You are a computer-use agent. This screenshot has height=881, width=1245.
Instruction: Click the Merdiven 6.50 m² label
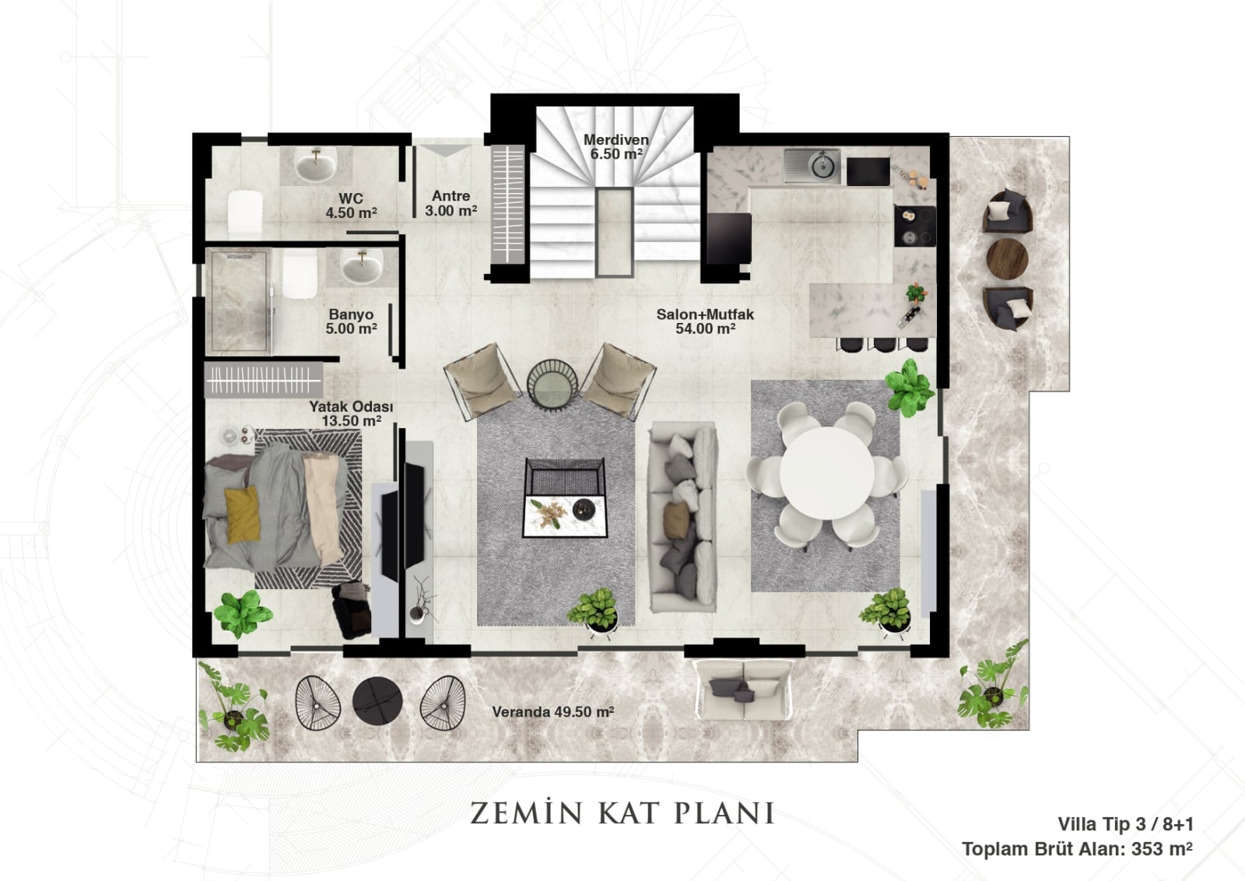click(615, 147)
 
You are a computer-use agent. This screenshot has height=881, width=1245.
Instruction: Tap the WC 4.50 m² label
click(351, 205)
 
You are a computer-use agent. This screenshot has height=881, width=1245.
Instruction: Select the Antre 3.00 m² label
click(451, 203)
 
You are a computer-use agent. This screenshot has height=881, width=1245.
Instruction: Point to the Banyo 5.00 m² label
click(351, 321)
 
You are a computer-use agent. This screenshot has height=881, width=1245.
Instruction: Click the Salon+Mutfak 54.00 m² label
click(705, 321)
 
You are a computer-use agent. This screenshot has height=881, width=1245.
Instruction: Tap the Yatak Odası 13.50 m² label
click(351, 413)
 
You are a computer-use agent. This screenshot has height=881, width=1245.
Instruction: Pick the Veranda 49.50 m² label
click(553, 712)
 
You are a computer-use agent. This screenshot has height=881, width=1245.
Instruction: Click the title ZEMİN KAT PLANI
click(622, 813)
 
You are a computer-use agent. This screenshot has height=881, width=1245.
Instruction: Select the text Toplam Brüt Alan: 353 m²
click(1077, 849)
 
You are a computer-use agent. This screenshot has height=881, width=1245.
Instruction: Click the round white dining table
click(826, 473)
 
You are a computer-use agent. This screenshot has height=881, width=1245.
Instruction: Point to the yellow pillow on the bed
click(242, 514)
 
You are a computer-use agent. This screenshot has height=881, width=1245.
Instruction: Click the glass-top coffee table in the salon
click(565, 497)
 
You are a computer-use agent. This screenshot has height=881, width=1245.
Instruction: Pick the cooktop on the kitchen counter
click(914, 226)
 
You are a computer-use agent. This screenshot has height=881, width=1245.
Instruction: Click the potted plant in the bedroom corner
click(242, 613)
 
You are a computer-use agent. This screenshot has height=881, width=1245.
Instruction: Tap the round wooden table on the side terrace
click(1007, 258)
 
